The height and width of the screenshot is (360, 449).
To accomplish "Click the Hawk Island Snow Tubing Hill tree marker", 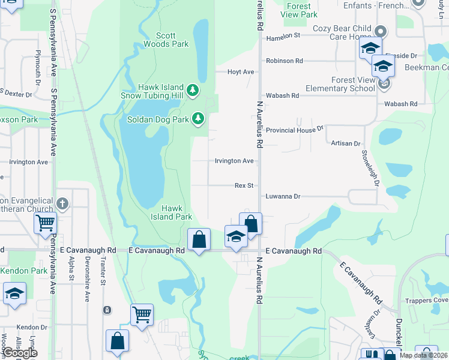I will (193, 91).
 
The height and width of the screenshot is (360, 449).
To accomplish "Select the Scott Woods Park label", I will (166, 40).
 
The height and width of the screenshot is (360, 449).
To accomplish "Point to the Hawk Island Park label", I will (171, 212).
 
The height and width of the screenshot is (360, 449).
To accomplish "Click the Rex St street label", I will (244, 186).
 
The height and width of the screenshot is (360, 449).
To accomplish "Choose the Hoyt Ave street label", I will (241, 72).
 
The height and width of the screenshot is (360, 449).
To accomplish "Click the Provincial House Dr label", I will (295, 129).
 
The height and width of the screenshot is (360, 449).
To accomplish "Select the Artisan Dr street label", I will (345, 143).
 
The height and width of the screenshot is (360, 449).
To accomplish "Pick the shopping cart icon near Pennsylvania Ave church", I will (45, 223).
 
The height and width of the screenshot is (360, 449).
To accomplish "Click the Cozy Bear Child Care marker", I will (379, 31).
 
